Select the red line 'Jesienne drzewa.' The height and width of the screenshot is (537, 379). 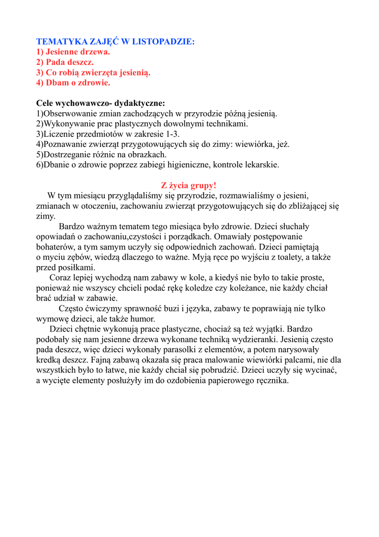point(73,51)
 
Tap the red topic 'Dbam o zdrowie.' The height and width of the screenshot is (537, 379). point(73,82)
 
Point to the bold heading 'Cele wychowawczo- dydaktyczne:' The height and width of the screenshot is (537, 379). point(101,103)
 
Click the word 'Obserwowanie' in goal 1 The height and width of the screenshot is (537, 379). point(69,114)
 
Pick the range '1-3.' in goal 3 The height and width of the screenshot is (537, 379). point(172,134)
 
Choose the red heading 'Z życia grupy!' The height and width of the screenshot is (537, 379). point(188,185)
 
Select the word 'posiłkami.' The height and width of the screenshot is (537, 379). point(76,267)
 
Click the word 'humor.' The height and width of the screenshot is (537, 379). point(141,319)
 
